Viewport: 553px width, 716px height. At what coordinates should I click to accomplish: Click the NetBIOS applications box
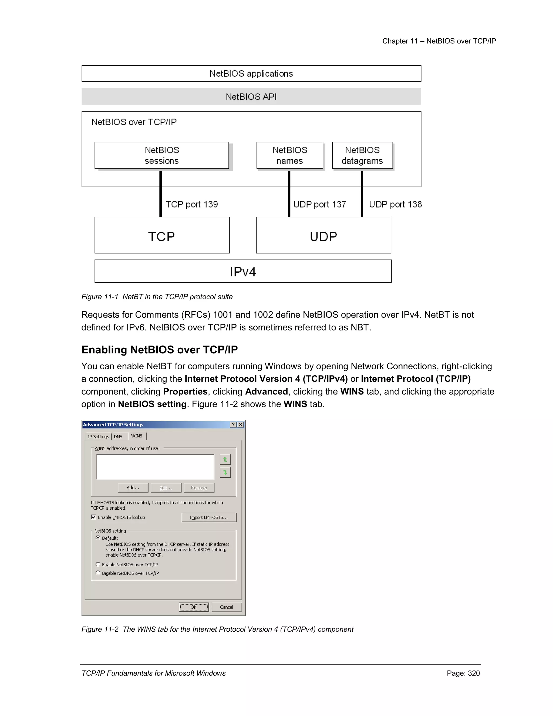[x=251, y=73]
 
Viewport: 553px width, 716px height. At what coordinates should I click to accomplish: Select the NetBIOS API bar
[x=251, y=97]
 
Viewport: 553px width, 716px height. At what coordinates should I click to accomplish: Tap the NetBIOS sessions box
[x=161, y=155]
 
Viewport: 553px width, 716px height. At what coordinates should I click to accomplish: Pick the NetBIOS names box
[x=290, y=155]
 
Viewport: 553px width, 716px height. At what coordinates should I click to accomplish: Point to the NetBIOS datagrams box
[x=362, y=155]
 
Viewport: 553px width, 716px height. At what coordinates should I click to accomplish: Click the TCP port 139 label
[x=192, y=204]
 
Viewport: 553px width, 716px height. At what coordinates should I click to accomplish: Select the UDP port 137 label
[x=319, y=204]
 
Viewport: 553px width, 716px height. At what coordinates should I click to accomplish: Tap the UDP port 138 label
[x=395, y=204]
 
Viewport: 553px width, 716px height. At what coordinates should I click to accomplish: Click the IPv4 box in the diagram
[x=243, y=272]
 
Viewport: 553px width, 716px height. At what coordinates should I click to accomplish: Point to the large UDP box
[x=323, y=235]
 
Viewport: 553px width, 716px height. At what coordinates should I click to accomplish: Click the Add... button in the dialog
[x=133, y=487]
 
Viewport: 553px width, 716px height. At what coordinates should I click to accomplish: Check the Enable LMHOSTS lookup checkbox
[x=94, y=517]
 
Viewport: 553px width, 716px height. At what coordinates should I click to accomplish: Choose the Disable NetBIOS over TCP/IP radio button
[x=98, y=573]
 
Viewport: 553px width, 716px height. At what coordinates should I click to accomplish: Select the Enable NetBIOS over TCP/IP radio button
[x=98, y=564]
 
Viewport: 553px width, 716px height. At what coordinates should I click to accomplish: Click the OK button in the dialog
[x=194, y=607]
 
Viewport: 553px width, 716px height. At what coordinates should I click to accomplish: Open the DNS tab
[x=118, y=437]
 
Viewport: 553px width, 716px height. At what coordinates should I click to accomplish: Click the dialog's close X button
[x=241, y=424]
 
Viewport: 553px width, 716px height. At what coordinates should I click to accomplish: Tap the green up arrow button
[x=225, y=460]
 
